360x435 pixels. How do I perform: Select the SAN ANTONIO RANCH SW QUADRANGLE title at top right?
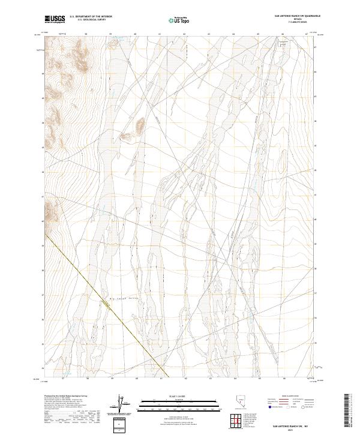tap(296, 16)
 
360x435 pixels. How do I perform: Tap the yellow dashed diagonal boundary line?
tap(108, 305)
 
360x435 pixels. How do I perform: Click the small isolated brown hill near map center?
tap(139, 126)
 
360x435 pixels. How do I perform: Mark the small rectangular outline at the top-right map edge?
tap(284, 43)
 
